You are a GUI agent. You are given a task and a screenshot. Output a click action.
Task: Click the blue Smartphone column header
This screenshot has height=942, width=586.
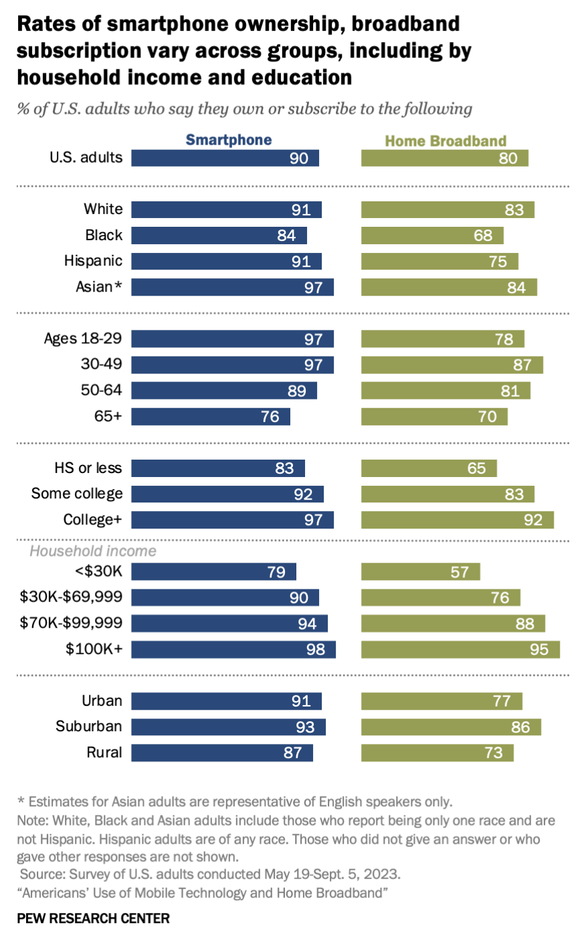[x=228, y=140]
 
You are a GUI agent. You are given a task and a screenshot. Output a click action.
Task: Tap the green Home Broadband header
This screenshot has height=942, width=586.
[x=446, y=141]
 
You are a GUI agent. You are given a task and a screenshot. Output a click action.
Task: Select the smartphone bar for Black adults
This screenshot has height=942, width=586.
[x=219, y=235]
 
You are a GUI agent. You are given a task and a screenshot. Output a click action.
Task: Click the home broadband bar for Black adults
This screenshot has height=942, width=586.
[x=432, y=235]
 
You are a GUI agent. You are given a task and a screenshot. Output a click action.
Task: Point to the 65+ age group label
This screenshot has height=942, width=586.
[x=108, y=416]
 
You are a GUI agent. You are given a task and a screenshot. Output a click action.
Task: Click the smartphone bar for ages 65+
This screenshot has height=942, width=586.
[x=210, y=417]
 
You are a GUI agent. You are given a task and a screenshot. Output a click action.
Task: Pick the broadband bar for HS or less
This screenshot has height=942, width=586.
[x=429, y=468]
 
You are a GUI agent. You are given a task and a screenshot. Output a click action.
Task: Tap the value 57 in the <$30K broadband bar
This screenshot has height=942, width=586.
[x=460, y=573]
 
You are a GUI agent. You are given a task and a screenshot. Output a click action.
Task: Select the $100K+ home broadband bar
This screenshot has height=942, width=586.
[x=460, y=650]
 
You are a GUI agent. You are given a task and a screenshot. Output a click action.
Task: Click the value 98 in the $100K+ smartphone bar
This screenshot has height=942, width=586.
[x=315, y=650]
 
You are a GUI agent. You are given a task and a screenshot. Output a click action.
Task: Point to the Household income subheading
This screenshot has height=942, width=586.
[x=93, y=551]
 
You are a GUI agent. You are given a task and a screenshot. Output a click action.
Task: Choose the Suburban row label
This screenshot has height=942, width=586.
[x=89, y=727]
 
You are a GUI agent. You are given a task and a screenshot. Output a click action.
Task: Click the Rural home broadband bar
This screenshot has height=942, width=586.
[x=437, y=753]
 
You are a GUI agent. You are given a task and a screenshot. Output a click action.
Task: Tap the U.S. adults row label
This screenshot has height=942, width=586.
[x=86, y=158]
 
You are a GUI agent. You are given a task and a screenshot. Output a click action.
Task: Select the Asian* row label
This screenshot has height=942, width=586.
[x=99, y=287]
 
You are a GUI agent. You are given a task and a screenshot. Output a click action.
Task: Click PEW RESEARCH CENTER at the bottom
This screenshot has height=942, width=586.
[x=93, y=919]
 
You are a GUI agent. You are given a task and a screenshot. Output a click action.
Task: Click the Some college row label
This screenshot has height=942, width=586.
[x=77, y=494]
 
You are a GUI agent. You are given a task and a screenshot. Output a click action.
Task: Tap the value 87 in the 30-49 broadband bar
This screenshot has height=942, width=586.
[x=522, y=365]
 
